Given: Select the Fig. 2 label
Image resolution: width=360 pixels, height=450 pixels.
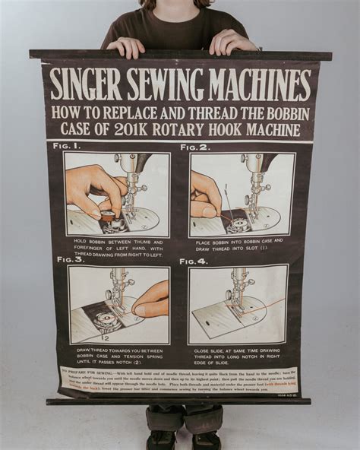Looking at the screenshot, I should click(194, 147).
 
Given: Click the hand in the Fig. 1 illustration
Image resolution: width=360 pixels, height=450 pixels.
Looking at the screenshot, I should click(89, 189).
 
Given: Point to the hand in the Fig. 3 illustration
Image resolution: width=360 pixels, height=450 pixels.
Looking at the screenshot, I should click(151, 299).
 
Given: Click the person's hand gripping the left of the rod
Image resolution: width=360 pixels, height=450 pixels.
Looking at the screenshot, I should click(126, 47).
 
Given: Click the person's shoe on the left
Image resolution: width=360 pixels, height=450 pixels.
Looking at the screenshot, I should click(161, 440).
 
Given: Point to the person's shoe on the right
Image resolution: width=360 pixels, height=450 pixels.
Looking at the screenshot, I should click(207, 441).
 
